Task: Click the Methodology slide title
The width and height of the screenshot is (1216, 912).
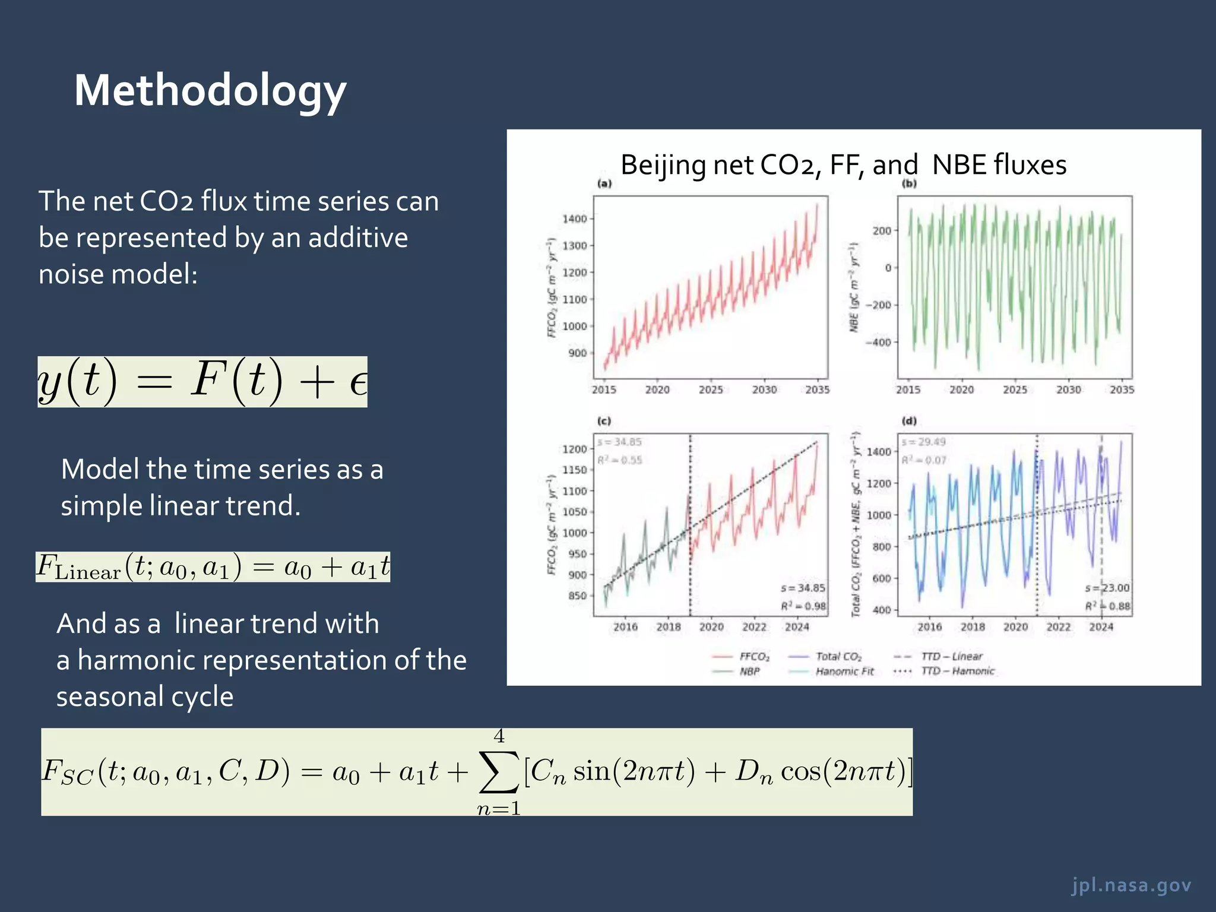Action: (210, 90)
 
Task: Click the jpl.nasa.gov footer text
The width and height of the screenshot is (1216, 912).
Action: (1131, 885)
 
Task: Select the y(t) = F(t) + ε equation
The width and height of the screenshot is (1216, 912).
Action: (202, 382)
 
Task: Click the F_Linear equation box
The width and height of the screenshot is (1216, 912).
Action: (213, 566)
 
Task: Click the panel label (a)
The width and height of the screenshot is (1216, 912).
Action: (604, 183)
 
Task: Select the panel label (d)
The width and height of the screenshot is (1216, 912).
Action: (908, 421)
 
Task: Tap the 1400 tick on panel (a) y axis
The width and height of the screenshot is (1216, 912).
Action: (574, 218)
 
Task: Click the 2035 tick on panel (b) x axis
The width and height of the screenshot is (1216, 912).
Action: (1122, 390)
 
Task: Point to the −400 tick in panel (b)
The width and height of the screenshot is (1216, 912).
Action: (878, 343)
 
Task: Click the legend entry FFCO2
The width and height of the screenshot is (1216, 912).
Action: (754, 657)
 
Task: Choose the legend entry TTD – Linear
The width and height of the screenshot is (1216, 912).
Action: (951, 657)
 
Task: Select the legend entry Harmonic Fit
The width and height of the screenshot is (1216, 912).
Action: (844, 672)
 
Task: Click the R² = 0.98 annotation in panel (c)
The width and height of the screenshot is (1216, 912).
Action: (803, 606)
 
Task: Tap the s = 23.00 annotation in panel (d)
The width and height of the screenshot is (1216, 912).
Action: (1107, 588)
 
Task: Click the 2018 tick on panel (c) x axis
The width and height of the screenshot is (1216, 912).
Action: (668, 627)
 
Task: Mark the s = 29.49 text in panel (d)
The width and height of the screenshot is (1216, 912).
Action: (923, 442)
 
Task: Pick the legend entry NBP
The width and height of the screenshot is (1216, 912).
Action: (749, 672)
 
